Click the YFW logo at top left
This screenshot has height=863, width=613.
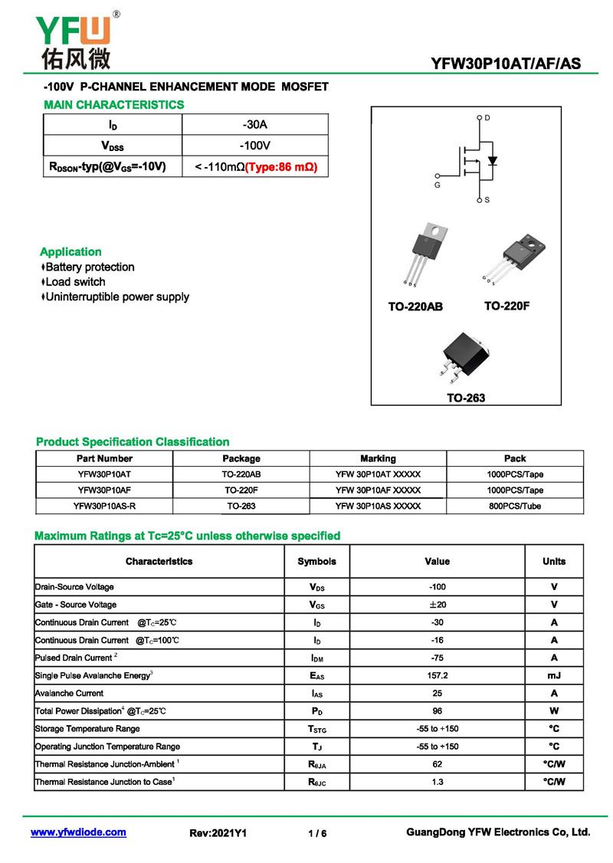(x=74, y=38)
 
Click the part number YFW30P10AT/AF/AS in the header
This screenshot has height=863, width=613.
(x=506, y=64)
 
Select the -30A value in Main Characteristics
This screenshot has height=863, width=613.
(x=254, y=124)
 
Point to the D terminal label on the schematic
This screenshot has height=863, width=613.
(x=487, y=118)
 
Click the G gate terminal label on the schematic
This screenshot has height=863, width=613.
(x=438, y=185)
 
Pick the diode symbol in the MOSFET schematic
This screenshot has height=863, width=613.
(x=493, y=161)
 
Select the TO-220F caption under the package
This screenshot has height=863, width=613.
(x=506, y=306)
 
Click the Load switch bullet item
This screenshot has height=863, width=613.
(x=75, y=282)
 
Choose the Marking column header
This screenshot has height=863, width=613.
(x=378, y=458)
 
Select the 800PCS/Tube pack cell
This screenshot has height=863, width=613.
(x=515, y=506)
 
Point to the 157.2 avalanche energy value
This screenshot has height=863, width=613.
(x=437, y=675)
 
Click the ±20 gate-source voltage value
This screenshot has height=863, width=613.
(x=437, y=605)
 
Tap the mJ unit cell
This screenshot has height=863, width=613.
(x=554, y=675)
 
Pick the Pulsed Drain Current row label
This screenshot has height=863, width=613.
(x=75, y=658)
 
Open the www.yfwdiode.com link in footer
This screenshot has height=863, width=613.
(x=78, y=832)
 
